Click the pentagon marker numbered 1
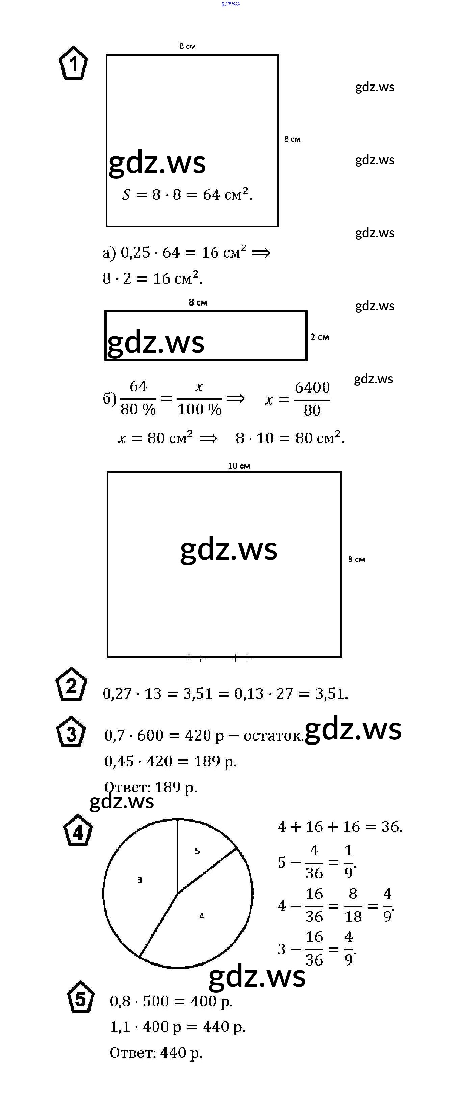[x=73, y=64]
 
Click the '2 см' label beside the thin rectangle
[x=319, y=337]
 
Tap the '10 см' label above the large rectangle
[x=238, y=466]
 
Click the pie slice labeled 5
[x=200, y=853]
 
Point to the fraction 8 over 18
[x=353, y=905]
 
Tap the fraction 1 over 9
[x=349, y=861]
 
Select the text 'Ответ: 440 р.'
[x=156, y=1053]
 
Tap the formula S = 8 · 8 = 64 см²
[x=187, y=194]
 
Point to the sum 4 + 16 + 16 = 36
[x=339, y=827]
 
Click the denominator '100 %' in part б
[x=199, y=410]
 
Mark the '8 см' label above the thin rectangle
[x=198, y=302]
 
